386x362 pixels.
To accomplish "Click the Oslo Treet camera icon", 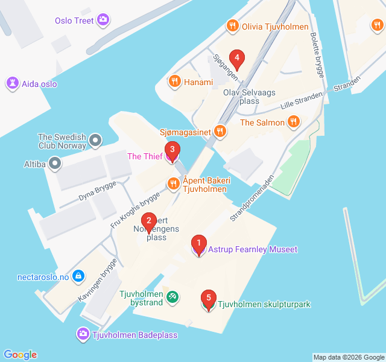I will [x=104, y=21].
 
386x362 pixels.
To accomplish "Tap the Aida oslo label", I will [x=39, y=84].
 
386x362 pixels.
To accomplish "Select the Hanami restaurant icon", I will [x=175, y=81].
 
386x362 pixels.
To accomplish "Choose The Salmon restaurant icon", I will [x=294, y=122].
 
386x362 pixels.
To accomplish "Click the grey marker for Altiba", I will [x=55, y=163].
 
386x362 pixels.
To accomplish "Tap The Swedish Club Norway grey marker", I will [x=95, y=142].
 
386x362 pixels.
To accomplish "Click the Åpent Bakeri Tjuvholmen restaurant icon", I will [x=174, y=183].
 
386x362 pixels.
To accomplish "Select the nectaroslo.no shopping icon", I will [x=77, y=277].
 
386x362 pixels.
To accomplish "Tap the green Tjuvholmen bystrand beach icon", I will [x=172, y=297].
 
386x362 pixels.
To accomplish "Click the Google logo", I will [x=21, y=355].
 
